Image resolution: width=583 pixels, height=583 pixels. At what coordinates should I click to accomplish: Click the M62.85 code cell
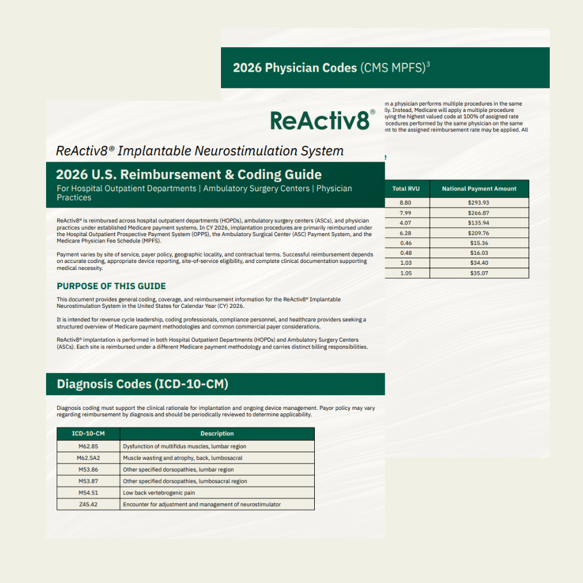pyautogui.click(x=88, y=446)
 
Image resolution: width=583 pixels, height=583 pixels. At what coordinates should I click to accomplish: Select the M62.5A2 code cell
pyautogui.click(x=88, y=458)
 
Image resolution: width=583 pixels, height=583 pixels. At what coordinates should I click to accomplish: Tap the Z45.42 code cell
pyautogui.click(x=88, y=504)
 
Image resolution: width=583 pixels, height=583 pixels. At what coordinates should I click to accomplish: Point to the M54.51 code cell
pyautogui.click(x=88, y=493)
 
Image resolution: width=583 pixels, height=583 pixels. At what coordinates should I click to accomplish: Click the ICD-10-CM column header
pyautogui.click(x=88, y=434)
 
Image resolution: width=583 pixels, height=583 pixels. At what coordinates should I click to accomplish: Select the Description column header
pyautogui.click(x=217, y=434)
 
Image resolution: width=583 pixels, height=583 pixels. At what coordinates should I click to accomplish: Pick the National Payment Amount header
pyautogui.click(x=479, y=189)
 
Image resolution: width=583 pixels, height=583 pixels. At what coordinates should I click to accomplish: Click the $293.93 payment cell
pyautogui.click(x=479, y=202)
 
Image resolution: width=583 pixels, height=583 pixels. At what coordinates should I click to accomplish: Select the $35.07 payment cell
pyautogui.click(x=479, y=273)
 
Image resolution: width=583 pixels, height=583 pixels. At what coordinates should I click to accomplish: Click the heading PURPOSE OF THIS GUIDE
pyautogui.click(x=111, y=286)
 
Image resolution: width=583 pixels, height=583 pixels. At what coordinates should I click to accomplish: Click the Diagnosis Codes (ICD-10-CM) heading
pyautogui.click(x=142, y=384)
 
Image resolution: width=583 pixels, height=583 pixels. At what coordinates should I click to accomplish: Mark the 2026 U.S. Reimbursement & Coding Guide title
pyautogui.click(x=188, y=174)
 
